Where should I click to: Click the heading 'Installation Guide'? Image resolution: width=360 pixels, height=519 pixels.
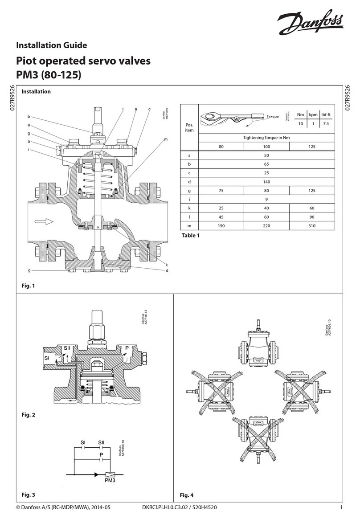pyautogui.click(x=49, y=45)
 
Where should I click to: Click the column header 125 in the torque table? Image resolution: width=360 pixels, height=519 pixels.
pyautogui.click(x=312, y=146)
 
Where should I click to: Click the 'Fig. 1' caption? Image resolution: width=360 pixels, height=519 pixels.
pyautogui.click(x=27, y=285)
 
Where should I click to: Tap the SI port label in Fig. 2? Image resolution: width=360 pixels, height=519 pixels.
pyautogui.click(x=46, y=358)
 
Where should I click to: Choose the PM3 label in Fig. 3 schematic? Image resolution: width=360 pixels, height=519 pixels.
pyautogui.click(x=110, y=481)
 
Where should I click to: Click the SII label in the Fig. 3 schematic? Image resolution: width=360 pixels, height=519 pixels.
pyautogui.click(x=101, y=442)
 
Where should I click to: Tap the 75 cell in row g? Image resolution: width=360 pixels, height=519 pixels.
pyautogui.click(x=221, y=190)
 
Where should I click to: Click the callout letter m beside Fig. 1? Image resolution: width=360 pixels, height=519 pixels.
pyautogui.click(x=165, y=140)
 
